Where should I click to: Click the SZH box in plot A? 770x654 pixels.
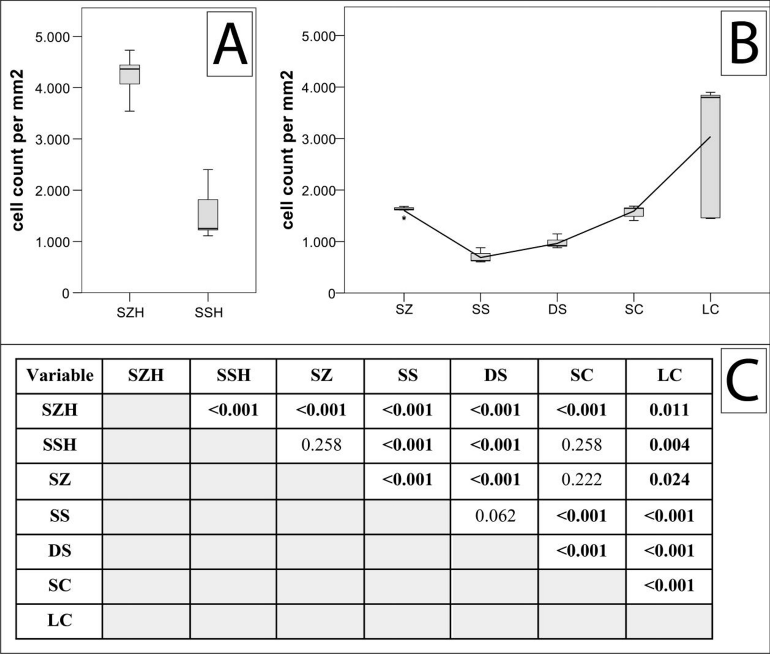pyautogui.click(x=130, y=74)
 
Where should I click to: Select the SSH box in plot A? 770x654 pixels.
pyautogui.click(x=208, y=215)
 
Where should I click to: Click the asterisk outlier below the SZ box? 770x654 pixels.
pyautogui.click(x=404, y=219)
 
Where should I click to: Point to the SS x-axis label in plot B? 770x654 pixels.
pyautogui.click(x=481, y=310)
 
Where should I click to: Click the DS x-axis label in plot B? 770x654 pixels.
pyautogui.click(x=557, y=310)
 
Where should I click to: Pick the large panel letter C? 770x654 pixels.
pyautogui.click(x=743, y=380)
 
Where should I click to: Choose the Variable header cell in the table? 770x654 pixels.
pyautogui.click(x=59, y=376)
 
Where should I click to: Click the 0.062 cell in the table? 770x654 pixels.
pyautogui.click(x=495, y=515)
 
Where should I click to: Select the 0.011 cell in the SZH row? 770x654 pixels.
pyautogui.click(x=669, y=410)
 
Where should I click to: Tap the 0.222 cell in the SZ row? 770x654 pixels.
pyautogui.click(x=581, y=479)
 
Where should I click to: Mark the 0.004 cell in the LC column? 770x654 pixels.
pyautogui.click(x=669, y=445)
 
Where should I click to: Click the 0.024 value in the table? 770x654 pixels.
pyautogui.click(x=669, y=479)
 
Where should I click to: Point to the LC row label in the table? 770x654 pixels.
pyautogui.click(x=59, y=620)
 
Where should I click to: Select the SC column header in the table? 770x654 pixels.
pyautogui.click(x=581, y=376)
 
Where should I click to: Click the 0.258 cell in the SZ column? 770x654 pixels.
pyautogui.click(x=321, y=445)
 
